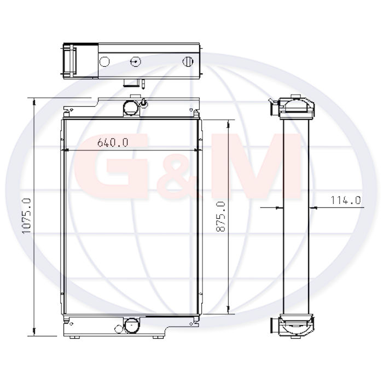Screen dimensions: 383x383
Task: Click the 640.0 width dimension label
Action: tap(113, 142)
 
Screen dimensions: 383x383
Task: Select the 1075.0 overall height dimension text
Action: tap(26, 216)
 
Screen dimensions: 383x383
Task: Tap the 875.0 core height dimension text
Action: tap(220, 217)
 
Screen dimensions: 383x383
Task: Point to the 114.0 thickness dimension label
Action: tap(346, 200)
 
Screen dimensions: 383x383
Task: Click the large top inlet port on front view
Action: tap(130, 107)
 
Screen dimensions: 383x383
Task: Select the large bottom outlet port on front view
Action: tap(131, 326)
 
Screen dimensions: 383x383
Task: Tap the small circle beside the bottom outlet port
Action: tap(119, 329)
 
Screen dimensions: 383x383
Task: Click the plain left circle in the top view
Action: tap(105, 61)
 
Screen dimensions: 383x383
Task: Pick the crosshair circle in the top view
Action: tap(135, 61)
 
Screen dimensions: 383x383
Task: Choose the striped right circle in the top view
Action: tap(188, 61)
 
